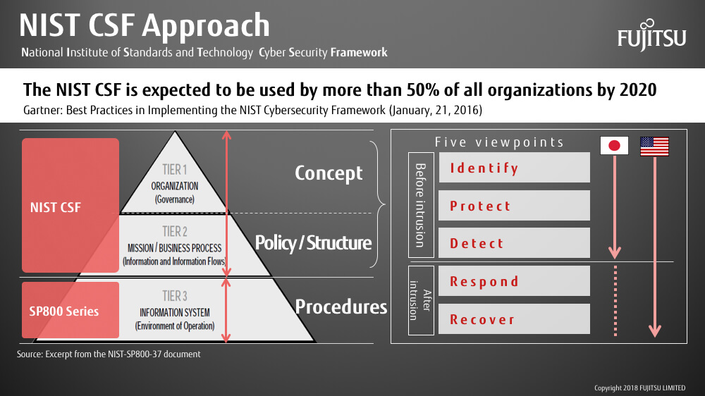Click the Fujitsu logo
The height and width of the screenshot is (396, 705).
point(651,35)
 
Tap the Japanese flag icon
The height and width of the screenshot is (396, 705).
point(614,146)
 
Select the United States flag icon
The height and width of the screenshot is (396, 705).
point(654,146)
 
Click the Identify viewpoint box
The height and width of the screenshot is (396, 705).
point(514,167)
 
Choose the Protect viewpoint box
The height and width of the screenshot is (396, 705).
point(514,206)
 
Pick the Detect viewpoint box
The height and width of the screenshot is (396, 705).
point(514,242)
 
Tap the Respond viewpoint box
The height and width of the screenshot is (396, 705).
point(514,281)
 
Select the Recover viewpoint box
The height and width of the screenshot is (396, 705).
point(514,318)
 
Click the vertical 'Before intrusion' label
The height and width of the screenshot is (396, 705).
point(420,205)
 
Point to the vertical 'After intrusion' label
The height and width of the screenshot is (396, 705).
point(420,300)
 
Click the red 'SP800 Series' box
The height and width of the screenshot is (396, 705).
point(70,310)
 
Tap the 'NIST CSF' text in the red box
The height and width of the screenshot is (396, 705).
point(55,207)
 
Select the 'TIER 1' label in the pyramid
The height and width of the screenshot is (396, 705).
point(174,169)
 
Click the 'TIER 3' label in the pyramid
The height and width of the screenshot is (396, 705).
point(174,296)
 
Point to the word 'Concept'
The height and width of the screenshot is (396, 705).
point(329,173)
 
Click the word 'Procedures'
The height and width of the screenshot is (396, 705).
point(341,307)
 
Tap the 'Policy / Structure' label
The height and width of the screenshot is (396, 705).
point(314,243)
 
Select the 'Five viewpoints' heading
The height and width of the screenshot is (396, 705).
point(499,142)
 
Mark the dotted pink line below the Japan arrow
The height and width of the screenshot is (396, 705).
point(615,301)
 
